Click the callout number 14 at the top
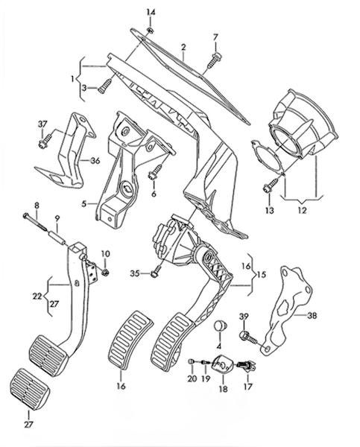pos(151,12)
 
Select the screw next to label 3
pos(104,86)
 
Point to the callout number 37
pos(42,124)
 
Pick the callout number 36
pos(95,161)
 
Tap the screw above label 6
pos(156,171)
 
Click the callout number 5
pos(83,204)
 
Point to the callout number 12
pos(302,210)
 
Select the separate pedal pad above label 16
pos(130,340)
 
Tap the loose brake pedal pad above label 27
pos(30,389)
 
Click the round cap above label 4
pos(220,325)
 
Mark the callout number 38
pos(312,316)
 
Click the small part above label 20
pos(191,362)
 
